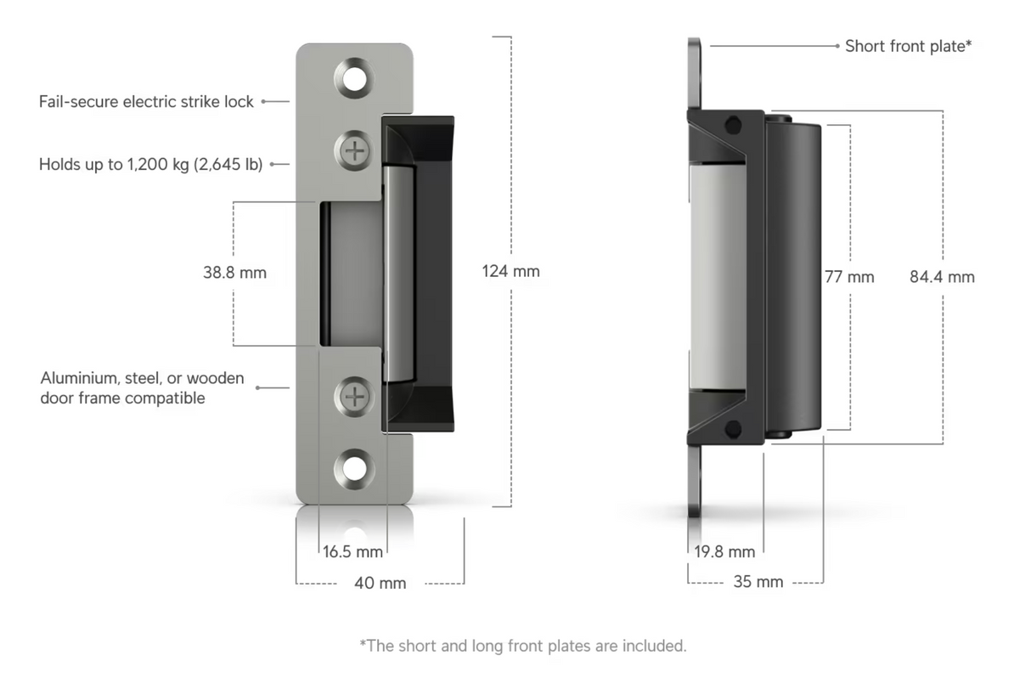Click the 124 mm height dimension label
(x=510, y=272)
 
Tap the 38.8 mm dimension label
(x=234, y=273)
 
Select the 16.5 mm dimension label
(x=352, y=551)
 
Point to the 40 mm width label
(x=380, y=583)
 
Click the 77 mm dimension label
(x=848, y=277)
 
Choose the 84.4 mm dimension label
(x=942, y=277)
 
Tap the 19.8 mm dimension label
(x=724, y=551)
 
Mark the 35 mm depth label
(x=758, y=582)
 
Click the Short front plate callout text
(x=908, y=46)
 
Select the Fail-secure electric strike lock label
(x=146, y=102)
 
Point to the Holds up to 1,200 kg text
(x=150, y=164)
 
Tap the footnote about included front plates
(x=522, y=646)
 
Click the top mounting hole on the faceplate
(x=354, y=78)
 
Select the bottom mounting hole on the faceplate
(x=354, y=468)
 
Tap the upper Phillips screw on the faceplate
(x=355, y=151)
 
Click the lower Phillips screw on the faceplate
(x=354, y=396)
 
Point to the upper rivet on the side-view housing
(x=731, y=126)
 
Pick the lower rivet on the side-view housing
(x=731, y=428)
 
